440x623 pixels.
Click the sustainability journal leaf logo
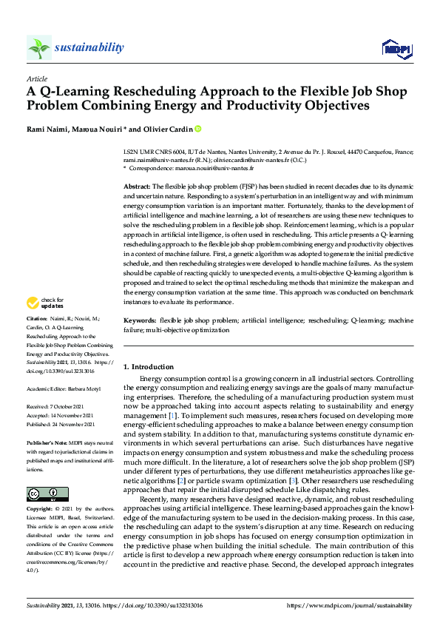[38, 48]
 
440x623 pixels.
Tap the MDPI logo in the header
[396, 49]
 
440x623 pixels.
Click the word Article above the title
[37, 78]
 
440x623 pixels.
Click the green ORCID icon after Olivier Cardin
[198, 128]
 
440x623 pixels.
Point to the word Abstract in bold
[136, 186]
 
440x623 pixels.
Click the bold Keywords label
[138, 320]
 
